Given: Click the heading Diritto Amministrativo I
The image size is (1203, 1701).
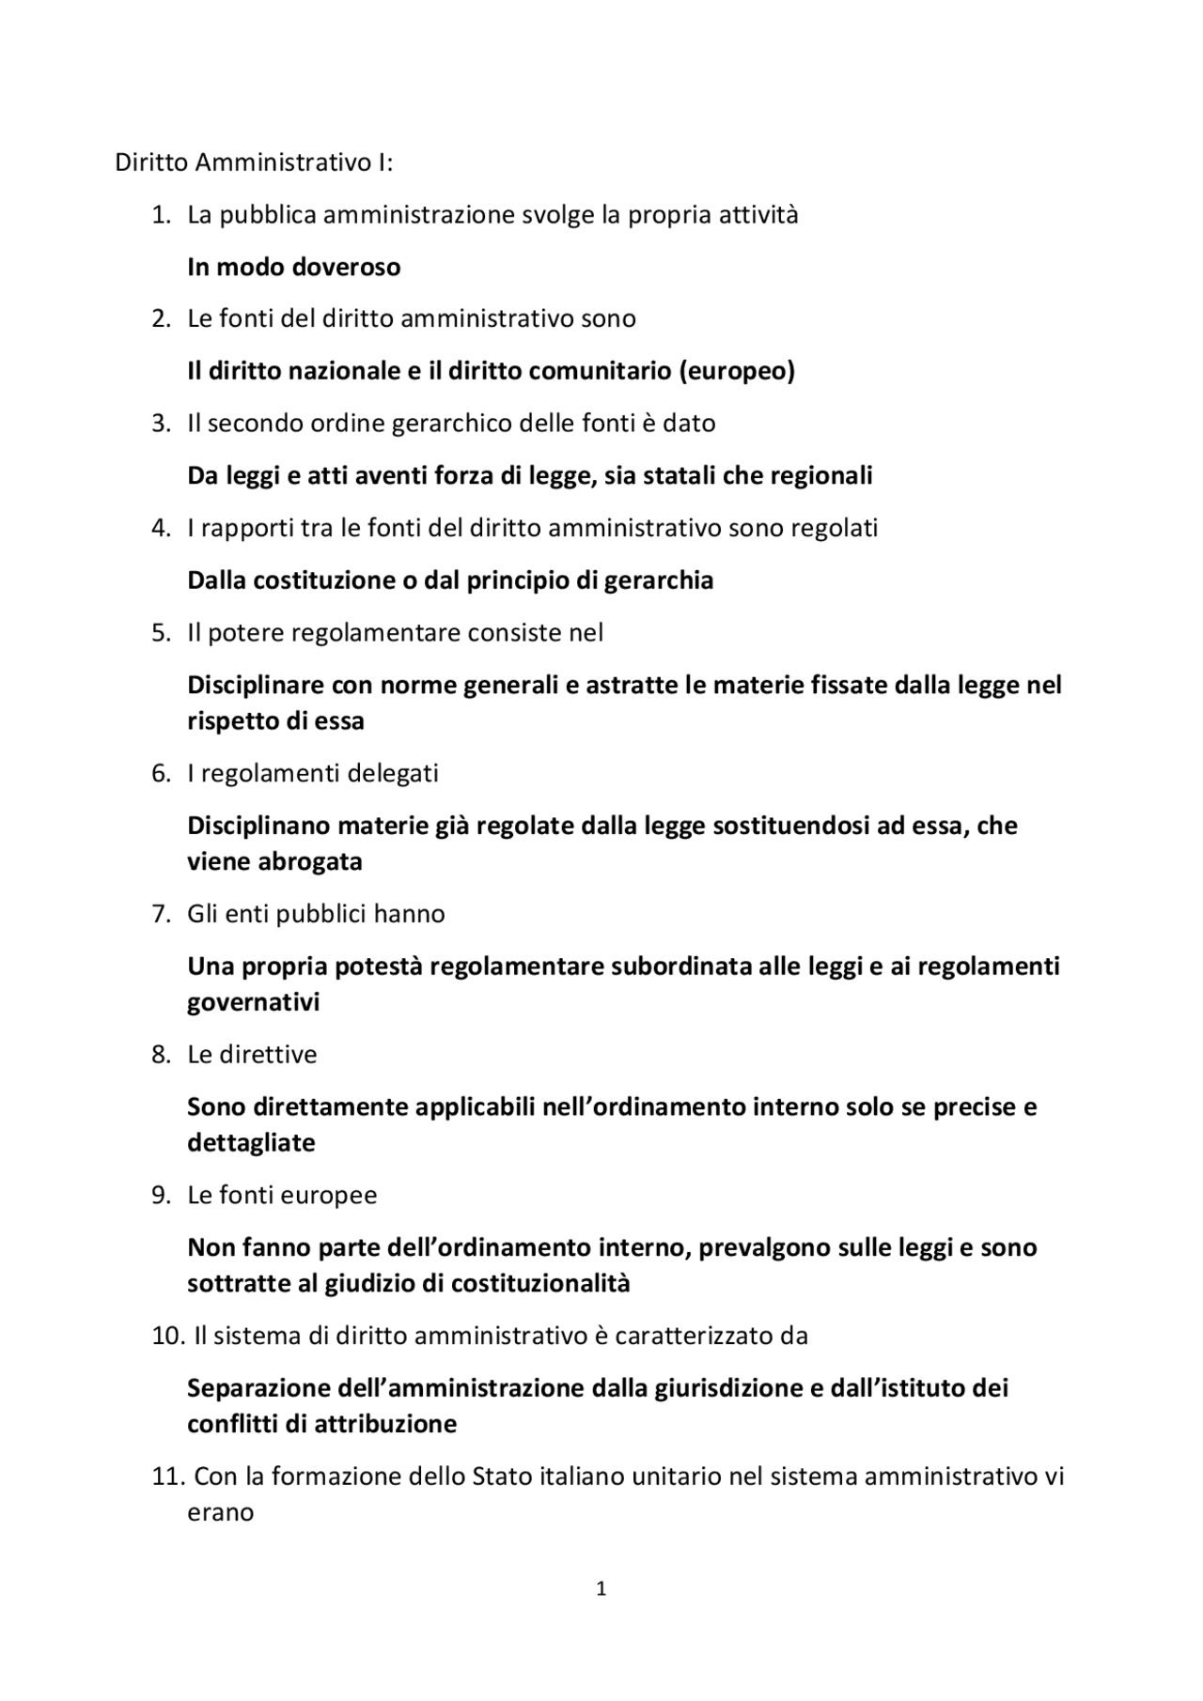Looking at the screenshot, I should click(x=254, y=162).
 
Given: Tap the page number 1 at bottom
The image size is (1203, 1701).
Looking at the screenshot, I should click(x=601, y=1588).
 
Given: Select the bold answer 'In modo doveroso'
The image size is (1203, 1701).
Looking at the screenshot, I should click(x=293, y=267).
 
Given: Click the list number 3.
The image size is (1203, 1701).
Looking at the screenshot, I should click(x=161, y=423).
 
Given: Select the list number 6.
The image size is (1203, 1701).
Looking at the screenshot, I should click(x=161, y=773).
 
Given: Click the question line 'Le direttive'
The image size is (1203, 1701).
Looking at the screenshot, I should click(x=252, y=1054).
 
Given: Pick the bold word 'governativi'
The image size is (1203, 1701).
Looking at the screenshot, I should click(x=254, y=1002).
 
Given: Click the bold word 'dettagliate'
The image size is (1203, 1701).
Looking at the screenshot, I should click(x=251, y=1143).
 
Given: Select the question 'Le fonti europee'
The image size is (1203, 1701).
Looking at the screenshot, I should click(x=282, y=1195).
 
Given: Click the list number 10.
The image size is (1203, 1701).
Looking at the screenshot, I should click(x=167, y=1336).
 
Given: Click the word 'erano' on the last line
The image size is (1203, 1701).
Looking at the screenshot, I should click(x=221, y=1512).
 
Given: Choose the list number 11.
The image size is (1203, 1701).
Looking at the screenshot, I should click(x=166, y=1477).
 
